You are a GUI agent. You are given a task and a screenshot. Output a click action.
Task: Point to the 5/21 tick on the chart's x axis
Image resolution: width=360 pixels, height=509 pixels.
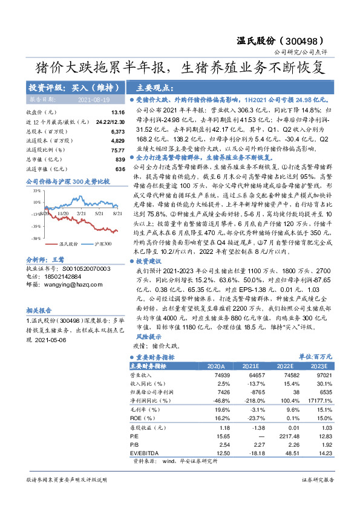(98, 213)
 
